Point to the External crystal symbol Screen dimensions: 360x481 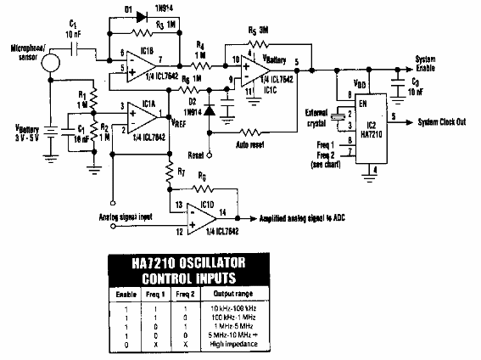[x=339, y=119]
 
